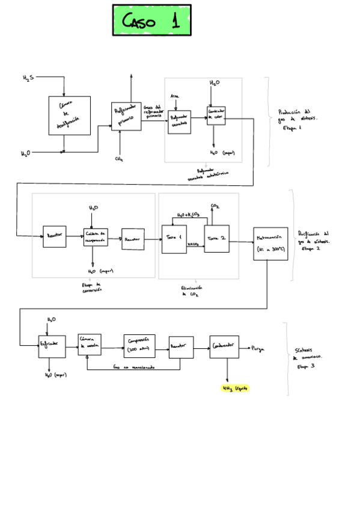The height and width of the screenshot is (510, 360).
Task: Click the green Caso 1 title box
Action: (151, 20)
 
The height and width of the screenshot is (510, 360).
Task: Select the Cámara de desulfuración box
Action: (70, 115)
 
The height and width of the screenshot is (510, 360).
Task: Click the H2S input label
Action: (28, 78)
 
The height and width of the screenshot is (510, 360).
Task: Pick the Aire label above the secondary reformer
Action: (174, 96)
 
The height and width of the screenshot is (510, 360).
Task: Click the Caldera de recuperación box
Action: (96, 237)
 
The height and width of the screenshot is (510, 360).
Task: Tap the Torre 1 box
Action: (174, 239)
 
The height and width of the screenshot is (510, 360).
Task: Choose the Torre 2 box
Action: (217, 239)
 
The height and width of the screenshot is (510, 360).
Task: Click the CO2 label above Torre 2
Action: (215, 206)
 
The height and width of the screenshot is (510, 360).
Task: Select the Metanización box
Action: (270, 243)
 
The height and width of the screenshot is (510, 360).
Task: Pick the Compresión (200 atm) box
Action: (139, 346)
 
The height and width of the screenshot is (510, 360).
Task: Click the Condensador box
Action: (224, 347)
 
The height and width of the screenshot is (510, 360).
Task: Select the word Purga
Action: (258, 348)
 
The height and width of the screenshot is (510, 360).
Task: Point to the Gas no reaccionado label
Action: (133, 366)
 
